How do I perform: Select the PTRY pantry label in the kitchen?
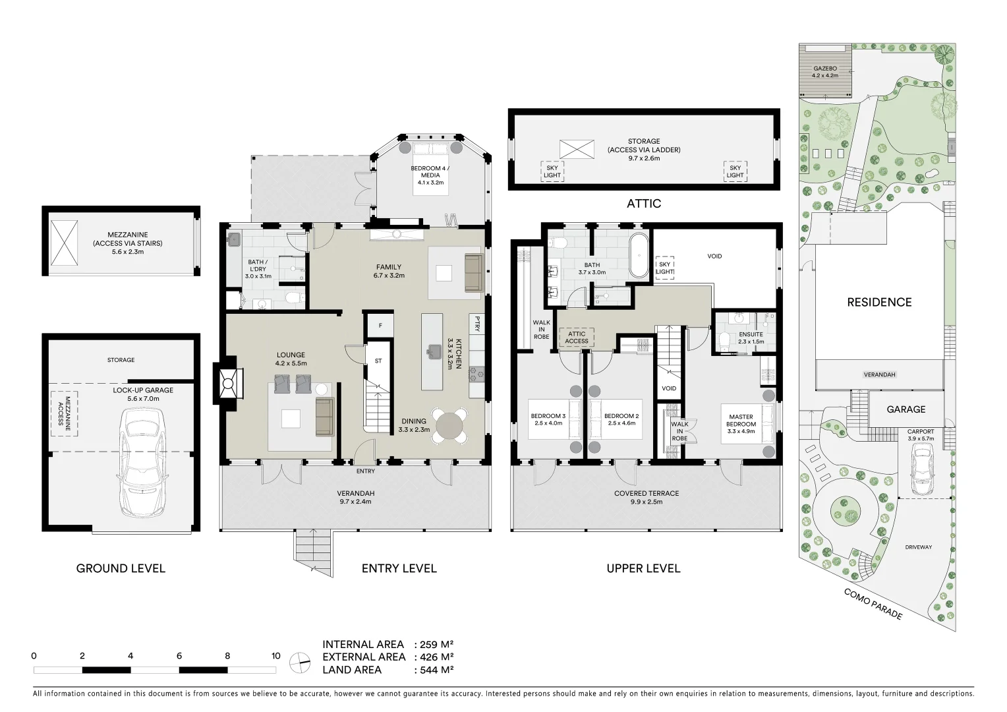(477, 323)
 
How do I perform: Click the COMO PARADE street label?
(873, 604)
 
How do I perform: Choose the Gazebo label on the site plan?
(824, 68)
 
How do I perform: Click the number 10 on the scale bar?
(275, 656)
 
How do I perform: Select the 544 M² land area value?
(434, 670)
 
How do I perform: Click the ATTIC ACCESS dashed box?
(576, 338)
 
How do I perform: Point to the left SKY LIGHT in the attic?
(552, 171)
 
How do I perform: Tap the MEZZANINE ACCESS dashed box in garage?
(64, 413)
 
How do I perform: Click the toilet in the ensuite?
(724, 341)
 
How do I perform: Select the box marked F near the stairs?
(380, 326)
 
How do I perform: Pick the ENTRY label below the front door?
(365, 471)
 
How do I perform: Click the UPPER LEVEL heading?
(643, 568)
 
